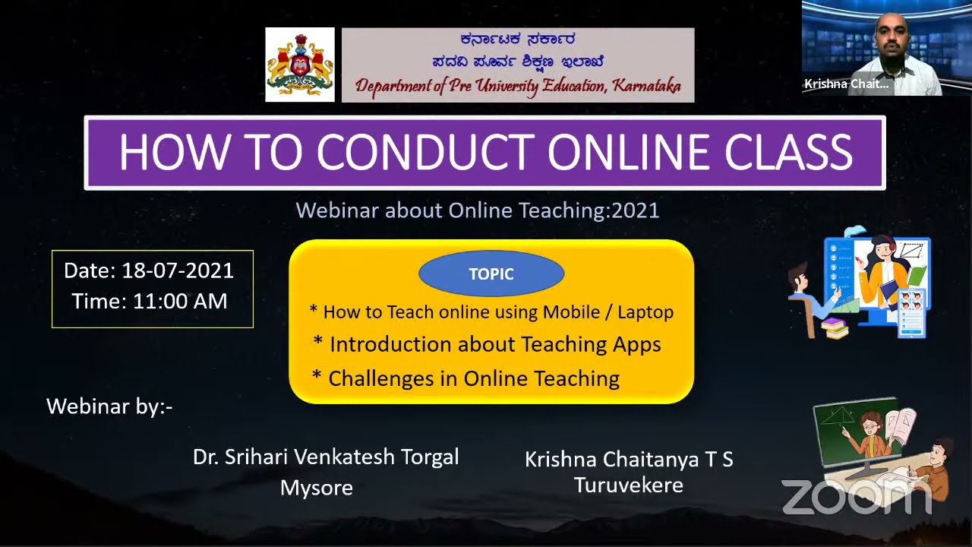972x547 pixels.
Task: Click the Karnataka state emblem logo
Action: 300,65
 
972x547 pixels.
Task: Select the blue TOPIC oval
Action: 491,274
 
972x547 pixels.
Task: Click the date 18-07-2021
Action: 178,270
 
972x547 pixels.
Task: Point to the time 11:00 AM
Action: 180,301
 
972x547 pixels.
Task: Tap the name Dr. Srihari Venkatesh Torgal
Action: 326,457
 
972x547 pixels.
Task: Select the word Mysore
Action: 317,488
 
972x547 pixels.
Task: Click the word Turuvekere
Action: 628,485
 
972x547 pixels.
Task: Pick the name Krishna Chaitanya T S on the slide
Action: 629,460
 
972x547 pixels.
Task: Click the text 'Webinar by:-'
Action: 109,406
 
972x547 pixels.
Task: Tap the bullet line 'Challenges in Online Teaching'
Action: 473,378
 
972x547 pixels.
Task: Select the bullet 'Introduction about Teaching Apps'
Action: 494,344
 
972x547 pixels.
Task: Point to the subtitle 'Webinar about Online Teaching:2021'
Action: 478,210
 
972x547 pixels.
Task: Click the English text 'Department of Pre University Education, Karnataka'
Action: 518,86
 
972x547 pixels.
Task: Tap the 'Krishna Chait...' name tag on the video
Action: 847,84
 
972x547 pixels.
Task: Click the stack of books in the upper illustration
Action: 835,328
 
